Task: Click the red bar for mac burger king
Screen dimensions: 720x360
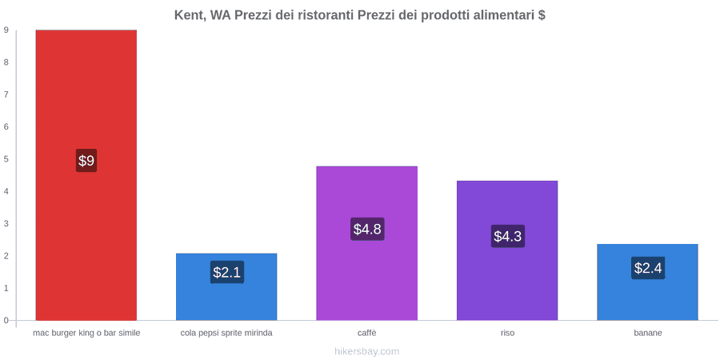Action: (x=86, y=175)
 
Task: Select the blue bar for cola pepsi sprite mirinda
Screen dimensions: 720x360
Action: (x=226, y=286)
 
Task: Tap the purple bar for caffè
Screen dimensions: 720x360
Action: (x=367, y=243)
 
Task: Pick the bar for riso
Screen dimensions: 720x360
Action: (x=507, y=250)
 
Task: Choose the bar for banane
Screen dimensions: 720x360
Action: (x=647, y=282)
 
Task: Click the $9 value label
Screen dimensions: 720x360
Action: (x=86, y=161)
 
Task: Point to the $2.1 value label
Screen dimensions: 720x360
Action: (x=227, y=272)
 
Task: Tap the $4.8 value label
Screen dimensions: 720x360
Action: (x=367, y=229)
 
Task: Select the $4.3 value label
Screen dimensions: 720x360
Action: (x=508, y=237)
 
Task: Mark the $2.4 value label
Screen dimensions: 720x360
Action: (x=648, y=268)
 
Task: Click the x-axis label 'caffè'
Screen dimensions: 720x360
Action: (x=367, y=333)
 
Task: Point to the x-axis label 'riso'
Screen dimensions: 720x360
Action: (x=507, y=333)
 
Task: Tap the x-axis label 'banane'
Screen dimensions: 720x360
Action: (x=648, y=333)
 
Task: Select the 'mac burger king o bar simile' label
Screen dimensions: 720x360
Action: (x=86, y=333)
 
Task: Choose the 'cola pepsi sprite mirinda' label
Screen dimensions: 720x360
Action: (x=226, y=333)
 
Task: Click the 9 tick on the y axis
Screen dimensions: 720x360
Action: (x=6, y=30)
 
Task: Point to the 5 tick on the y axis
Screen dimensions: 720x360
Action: (x=6, y=159)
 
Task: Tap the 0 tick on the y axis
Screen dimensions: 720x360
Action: (x=6, y=321)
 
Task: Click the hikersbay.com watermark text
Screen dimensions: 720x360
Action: (x=360, y=351)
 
